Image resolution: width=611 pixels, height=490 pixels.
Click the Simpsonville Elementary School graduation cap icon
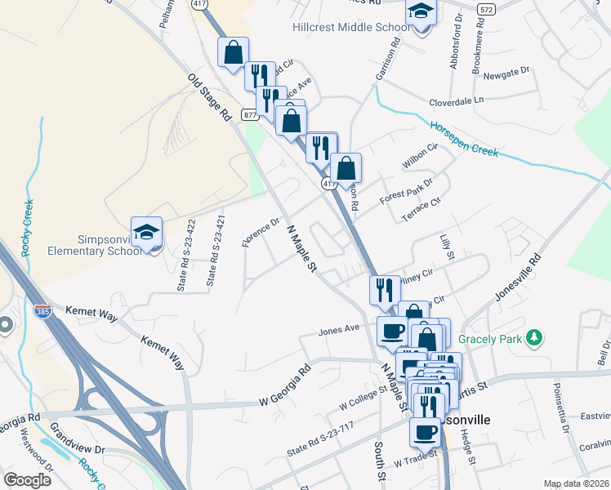147,233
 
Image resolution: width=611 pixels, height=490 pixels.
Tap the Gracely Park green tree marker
534,336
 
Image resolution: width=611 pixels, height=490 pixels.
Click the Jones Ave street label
339,330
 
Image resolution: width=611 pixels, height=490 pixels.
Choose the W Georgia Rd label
285,384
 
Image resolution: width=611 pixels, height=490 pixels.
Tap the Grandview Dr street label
78,438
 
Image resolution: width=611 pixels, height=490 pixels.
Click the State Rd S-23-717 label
321,439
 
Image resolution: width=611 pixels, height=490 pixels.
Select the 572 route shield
487,9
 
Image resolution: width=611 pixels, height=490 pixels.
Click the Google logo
28,479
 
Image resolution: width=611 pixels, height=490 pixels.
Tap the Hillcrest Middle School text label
351,28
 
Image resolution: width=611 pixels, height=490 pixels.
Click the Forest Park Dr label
406,192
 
